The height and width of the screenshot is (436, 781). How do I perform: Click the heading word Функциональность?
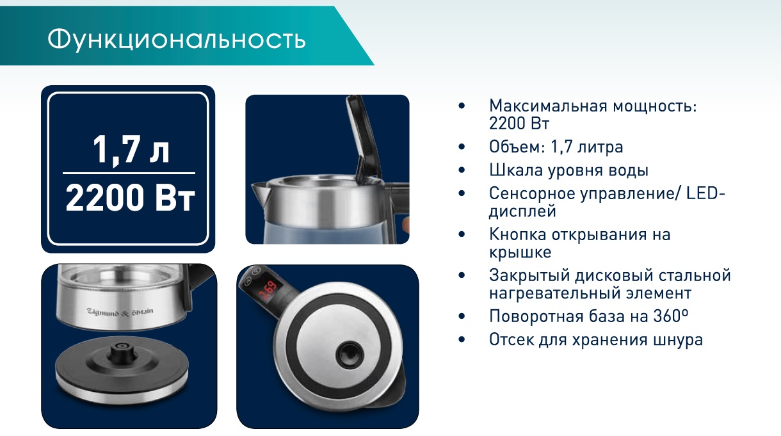[x=177, y=40]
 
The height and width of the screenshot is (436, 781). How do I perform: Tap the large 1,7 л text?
[x=131, y=150]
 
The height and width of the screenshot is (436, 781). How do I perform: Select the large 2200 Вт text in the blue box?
[x=130, y=197]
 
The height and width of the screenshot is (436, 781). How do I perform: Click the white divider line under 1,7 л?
[x=129, y=173]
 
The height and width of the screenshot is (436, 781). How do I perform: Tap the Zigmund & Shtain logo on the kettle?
[x=120, y=312]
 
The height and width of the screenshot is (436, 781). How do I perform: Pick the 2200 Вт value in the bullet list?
[x=519, y=123]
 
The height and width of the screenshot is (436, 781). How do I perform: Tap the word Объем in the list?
[x=515, y=147]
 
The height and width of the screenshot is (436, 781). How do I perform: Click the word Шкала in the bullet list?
[x=516, y=170]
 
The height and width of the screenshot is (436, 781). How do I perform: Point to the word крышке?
[x=520, y=252]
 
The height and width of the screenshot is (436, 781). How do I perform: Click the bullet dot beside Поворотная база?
[x=462, y=316]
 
